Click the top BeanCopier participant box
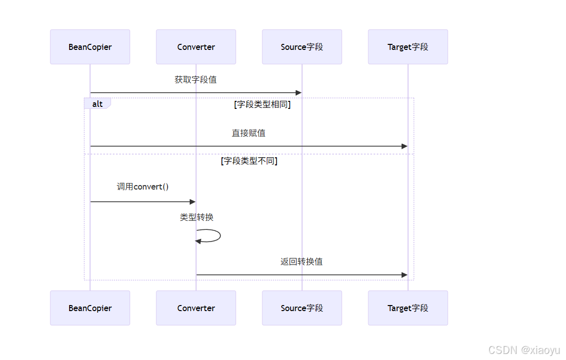tap(90, 47)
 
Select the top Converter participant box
tap(196, 47)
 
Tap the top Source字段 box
tap(302, 47)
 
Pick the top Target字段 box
tap(408, 47)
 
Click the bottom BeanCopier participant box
tap(90, 308)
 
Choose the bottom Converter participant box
tap(196, 308)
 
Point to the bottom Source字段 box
tap(302, 308)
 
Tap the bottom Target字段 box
tap(408, 308)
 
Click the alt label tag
tap(97, 104)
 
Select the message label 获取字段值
tap(196, 80)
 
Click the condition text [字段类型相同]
tap(262, 105)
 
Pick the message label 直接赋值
tap(249, 133)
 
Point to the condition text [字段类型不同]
tap(249, 161)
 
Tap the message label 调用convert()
tap(143, 187)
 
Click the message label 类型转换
tap(197, 217)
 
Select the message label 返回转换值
tap(302, 262)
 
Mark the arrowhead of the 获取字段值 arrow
tap(298, 93)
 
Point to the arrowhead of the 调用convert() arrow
tap(192, 202)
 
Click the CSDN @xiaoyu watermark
tap(524, 349)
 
